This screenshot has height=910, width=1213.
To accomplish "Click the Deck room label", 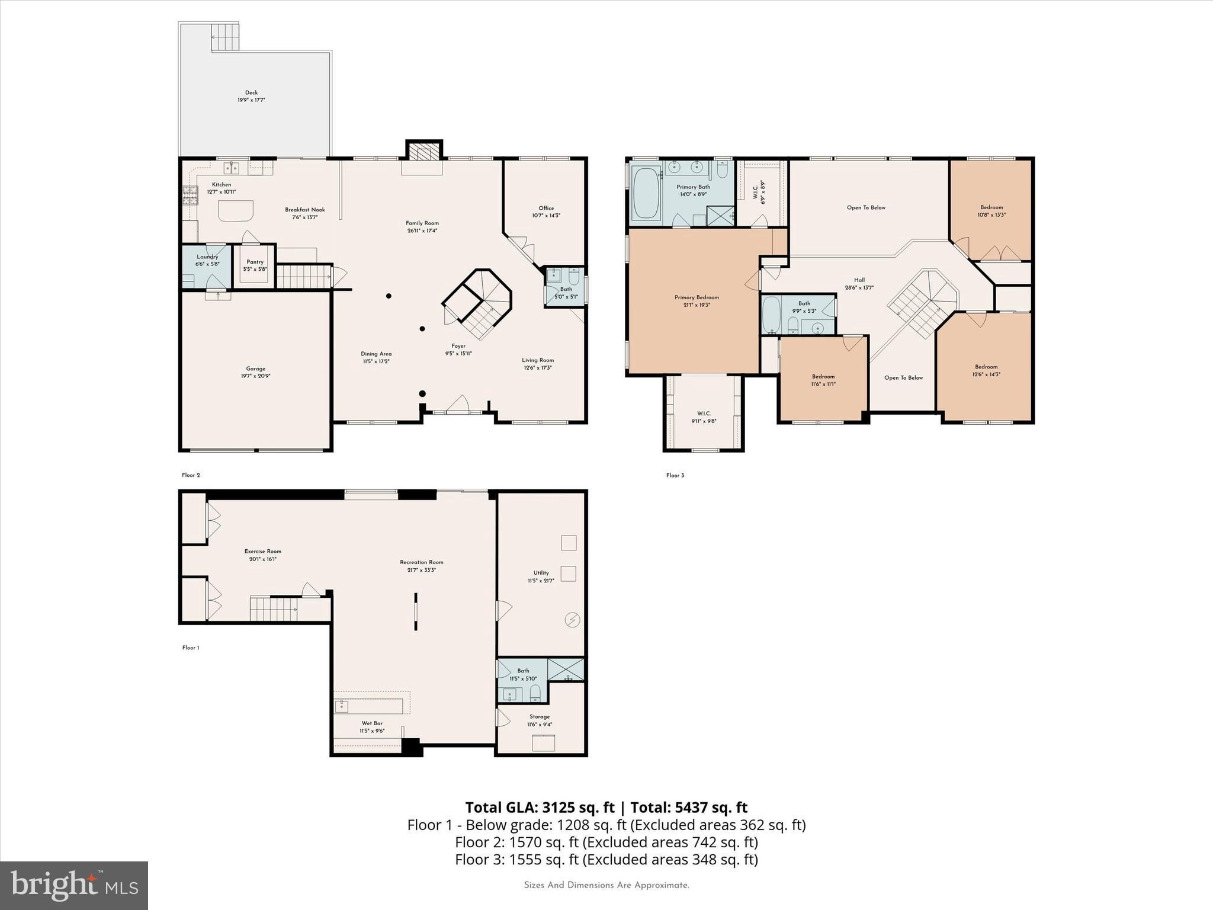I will [x=251, y=93].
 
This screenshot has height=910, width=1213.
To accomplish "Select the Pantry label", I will [x=255, y=262].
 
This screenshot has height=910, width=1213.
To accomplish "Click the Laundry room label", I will [x=207, y=257].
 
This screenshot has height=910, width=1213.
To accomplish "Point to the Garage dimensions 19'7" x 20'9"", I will [x=256, y=376].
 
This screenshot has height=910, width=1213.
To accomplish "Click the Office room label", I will [x=546, y=208].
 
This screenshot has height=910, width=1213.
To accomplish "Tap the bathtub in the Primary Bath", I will [x=646, y=194].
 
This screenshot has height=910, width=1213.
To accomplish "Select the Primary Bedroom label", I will [x=697, y=297].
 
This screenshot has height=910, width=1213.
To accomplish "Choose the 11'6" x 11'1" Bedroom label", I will [x=823, y=376].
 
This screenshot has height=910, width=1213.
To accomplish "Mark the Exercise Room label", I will [x=263, y=551].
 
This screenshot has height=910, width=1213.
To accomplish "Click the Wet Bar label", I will [x=372, y=723].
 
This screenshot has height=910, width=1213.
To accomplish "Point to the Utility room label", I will [x=541, y=572].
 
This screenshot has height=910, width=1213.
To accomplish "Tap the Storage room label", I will [x=540, y=716].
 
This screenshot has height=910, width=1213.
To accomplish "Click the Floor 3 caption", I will [x=675, y=475].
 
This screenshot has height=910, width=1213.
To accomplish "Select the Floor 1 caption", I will [x=191, y=648].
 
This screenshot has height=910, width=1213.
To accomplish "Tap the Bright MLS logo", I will [x=74, y=885].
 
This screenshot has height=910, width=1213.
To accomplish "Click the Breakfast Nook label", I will [x=304, y=210].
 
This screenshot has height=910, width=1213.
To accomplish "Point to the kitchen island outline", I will [x=236, y=210].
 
